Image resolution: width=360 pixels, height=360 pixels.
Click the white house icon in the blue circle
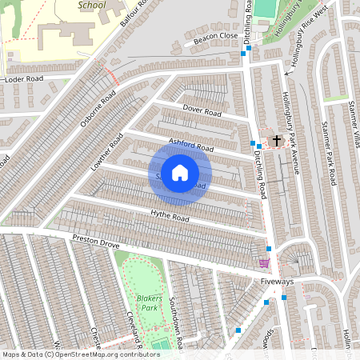point(180,173)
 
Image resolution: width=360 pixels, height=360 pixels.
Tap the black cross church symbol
point(277,141)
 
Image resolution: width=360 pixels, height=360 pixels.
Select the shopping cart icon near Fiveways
point(264,262)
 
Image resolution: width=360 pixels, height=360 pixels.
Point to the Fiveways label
point(278,282)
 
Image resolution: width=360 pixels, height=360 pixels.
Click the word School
point(92,5)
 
